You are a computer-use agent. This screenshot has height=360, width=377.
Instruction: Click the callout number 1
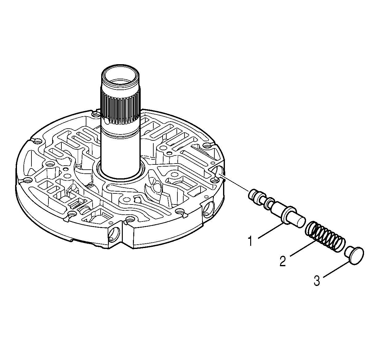click(x=251, y=241)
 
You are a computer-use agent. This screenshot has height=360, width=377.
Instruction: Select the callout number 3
click(x=317, y=281)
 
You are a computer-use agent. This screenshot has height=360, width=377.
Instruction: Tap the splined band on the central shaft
click(x=120, y=108)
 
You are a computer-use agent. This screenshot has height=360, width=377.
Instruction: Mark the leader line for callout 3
click(x=337, y=270)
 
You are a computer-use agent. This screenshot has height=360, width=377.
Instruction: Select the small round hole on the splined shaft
click(x=106, y=121)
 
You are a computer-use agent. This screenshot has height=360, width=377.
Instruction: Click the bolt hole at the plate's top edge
click(x=96, y=115)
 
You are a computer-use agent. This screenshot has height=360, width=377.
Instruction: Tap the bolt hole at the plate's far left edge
click(x=37, y=142)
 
